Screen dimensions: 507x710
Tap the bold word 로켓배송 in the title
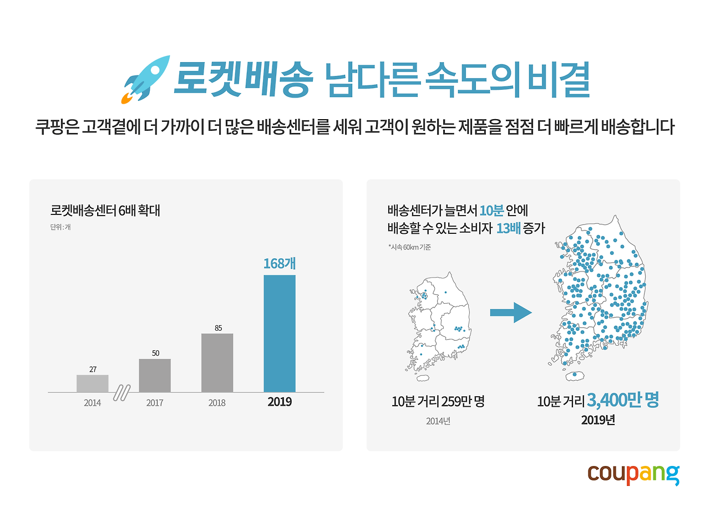point(240,81)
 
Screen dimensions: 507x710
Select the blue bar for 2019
point(279,334)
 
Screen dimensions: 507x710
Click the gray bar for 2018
point(217,363)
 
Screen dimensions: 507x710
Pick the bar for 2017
point(155,376)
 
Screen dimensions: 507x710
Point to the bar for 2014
point(93,383)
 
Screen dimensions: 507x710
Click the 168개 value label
point(279,263)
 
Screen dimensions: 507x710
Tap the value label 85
point(218,327)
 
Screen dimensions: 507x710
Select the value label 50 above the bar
point(155,353)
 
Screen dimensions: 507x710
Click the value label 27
point(93,369)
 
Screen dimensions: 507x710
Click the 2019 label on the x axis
point(279,402)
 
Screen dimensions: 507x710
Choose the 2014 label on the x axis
point(93,403)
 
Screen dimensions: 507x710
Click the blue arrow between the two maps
point(510,313)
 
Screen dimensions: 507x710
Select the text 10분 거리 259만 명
point(438,402)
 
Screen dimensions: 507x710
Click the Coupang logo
point(633,474)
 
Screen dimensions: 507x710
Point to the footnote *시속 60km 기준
point(409,247)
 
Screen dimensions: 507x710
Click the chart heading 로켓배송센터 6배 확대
point(105,211)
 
